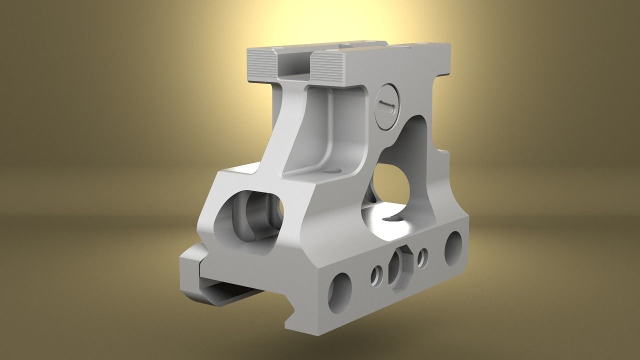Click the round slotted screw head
(387, 106)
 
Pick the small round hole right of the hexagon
(422, 257)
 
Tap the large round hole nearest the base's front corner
(339, 292)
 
